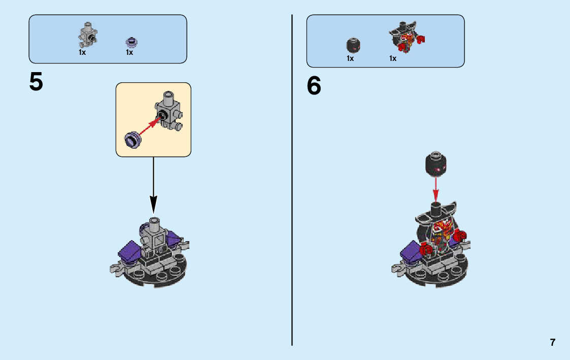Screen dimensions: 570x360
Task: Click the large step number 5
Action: click(x=36, y=82)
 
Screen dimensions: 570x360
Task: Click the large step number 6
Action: click(x=314, y=86)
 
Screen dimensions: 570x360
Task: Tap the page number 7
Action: click(x=552, y=342)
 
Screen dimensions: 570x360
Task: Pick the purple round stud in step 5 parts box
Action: click(x=131, y=42)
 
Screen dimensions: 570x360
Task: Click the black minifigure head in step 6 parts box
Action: click(x=352, y=45)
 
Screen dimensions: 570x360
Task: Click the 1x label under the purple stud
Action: click(x=129, y=52)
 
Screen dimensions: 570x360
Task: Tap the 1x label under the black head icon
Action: click(x=350, y=58)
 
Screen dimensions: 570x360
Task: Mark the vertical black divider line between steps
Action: click(x=292, y=178)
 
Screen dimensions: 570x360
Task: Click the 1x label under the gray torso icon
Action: click(x=82, y=52)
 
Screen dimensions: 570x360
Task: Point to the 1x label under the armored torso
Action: click(x=393, y=58)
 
